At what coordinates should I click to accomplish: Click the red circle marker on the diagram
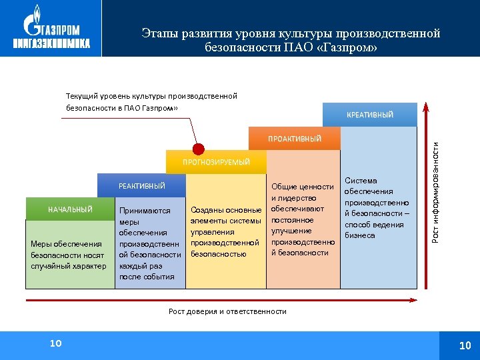[198, 149]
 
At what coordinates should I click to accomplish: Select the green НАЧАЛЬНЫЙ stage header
[70, 209]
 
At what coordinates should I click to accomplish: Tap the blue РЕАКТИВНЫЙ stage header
[141, 186]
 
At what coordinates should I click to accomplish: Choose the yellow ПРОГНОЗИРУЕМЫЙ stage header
[217, 162]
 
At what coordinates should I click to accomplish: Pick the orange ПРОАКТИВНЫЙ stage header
[294, 139]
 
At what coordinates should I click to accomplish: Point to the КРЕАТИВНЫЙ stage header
[370, 115]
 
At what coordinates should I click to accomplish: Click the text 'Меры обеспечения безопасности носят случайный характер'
[69, 255]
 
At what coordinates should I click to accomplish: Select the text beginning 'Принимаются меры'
[149, 243]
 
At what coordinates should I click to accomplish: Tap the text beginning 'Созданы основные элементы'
[225, 232]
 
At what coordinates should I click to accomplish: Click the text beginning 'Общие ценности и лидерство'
[303, 219]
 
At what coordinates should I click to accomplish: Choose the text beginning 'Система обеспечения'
[377, 208]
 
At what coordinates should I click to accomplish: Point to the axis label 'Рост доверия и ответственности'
[227, 311]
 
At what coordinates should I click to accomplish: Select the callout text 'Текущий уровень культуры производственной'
[151, 96]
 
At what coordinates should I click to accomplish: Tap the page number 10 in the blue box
[465, 345]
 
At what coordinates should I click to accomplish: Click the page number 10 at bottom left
[55, 343]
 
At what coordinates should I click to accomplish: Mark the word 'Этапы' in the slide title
[158, 33]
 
